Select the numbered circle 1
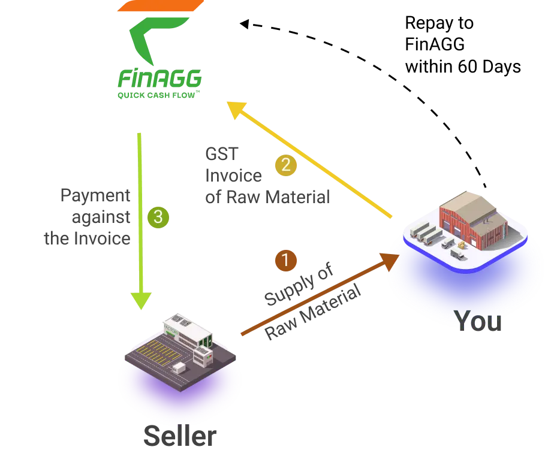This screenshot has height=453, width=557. point(285,261)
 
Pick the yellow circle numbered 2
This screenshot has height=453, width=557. point(285,165)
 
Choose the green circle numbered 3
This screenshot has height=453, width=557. point(158,217)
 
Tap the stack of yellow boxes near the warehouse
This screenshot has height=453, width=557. point(462,245)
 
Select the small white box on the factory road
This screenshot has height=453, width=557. point(179,366)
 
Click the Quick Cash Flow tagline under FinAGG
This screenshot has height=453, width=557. point(159,94)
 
